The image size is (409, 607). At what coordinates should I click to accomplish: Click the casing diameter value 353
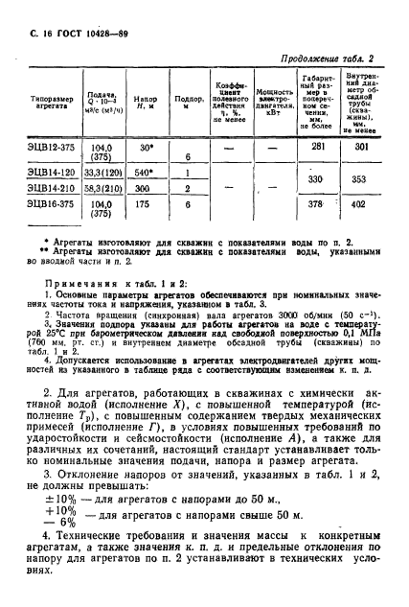pyautogui.click(x=360, y=179)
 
